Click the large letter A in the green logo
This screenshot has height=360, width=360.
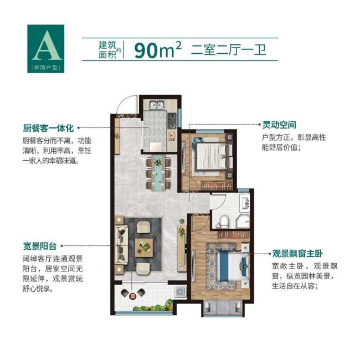47,45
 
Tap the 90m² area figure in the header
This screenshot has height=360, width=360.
158,50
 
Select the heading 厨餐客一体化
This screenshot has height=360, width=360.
48,128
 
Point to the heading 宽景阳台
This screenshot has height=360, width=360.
40,246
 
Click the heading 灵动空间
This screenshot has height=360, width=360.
279,125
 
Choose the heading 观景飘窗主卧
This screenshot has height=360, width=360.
297,254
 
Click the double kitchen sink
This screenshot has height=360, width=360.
157,105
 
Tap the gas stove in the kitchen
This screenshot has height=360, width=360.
172,121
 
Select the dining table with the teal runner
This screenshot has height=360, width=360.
158,173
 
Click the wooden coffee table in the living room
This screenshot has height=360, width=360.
144,248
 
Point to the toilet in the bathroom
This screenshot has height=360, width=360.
223,222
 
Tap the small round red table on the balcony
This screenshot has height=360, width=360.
132,296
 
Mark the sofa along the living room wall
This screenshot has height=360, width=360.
121,245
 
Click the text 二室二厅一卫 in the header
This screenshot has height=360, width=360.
228,50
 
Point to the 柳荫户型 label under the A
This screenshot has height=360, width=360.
45,68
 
